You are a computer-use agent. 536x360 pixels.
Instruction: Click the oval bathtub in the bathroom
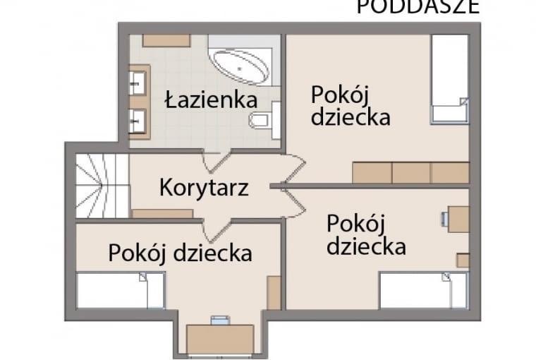click(x=242, y=66)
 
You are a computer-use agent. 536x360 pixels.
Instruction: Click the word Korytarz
click(x=203, y=188)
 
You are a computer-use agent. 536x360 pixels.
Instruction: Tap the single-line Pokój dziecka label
click(x=180, y=252)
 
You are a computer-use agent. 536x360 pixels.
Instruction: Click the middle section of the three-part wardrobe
click(x=410, y=173)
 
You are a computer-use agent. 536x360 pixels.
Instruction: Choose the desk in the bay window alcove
click(x=219, y=338)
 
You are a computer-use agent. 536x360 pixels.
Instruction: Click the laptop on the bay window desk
click(x=220, y=321)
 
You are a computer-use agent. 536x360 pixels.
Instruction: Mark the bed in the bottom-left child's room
click(x=120, y=290)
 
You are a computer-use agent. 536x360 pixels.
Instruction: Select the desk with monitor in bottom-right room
click(x=458, y=219)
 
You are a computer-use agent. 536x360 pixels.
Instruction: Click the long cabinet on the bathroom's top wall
click(x=166, y=40)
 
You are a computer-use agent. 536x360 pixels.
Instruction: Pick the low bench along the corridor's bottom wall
click(x=162, y=213)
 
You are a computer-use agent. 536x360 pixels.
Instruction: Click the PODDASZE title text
click(x=418, y=7)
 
